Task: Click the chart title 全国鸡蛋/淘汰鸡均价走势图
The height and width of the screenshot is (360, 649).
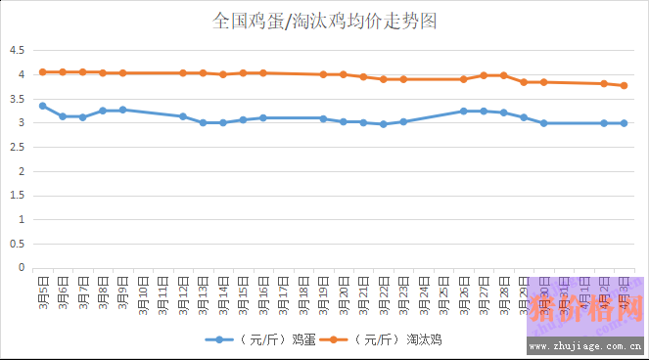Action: pos(324,21)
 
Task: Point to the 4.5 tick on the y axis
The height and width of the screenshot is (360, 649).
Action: pos(16,51)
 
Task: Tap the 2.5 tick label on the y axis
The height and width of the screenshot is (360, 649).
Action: pos(16,147)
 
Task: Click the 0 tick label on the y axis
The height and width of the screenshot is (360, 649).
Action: pos(21,267)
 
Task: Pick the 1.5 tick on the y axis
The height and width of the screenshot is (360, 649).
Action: pos(16,195)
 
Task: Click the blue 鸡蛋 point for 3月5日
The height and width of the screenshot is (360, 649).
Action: pos(42,106)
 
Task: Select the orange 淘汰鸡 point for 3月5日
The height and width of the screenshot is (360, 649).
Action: pos(42,72)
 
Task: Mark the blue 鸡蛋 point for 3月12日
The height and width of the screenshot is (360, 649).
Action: pos(183,116)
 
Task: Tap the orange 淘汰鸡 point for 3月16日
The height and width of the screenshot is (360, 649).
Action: pos(263,73)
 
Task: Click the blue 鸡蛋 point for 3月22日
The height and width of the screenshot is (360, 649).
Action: pos(384,124)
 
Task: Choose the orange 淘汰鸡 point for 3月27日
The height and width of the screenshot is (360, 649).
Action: pos(484,75)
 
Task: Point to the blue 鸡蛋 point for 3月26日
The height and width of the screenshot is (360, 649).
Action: pos(464,112)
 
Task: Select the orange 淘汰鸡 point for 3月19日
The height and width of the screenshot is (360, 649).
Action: pos(323,74)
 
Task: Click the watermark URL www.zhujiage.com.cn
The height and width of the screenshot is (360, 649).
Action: pos(583,345)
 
